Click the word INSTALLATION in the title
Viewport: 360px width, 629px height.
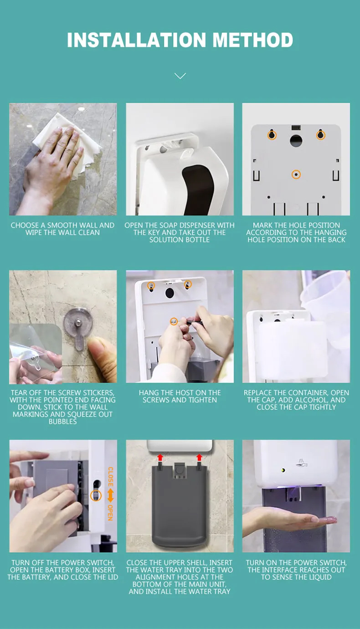click(136, 40)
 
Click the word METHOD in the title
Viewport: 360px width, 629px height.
click(253, 40)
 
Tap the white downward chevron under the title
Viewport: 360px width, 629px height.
click(180, 76)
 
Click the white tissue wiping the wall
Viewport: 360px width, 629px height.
click(67, 143)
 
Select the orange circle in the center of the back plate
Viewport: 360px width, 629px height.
click(296, 175)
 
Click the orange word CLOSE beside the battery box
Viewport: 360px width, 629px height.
click(111, 477)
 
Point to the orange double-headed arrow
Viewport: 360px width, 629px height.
click(111, 495)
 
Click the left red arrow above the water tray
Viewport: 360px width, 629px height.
click(160, 458)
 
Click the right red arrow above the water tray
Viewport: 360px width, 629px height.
click(199, 458)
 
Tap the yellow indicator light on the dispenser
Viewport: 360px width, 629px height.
click(283, 470)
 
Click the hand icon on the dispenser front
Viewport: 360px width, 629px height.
click(301, 464)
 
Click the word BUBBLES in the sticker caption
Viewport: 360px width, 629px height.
click(62, 422)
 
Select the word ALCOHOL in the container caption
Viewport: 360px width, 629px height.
click(311, 400)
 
